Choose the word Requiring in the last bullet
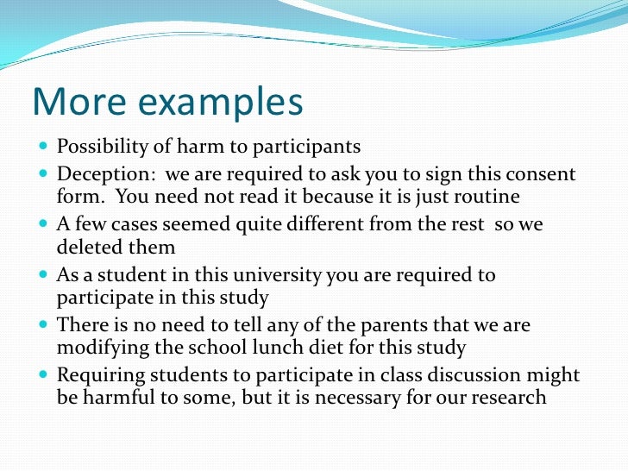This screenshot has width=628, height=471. (96, 376)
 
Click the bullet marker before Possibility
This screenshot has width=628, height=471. (45, 148)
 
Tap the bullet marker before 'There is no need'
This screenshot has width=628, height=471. (45, 327)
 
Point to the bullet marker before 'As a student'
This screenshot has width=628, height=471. (45, 277)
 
